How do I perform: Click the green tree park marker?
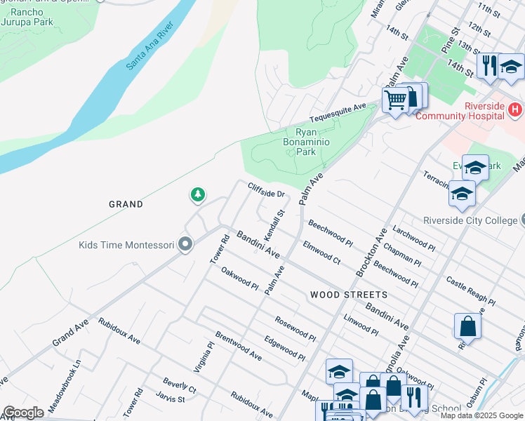198,194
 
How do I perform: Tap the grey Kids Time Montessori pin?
185,244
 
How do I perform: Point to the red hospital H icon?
516,109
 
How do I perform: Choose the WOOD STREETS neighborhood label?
348,295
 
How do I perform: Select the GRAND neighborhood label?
126,204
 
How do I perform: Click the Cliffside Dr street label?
266,189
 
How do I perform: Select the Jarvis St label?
173,399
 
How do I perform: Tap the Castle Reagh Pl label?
470,291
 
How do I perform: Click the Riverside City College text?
470,220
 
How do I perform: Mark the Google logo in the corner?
23,412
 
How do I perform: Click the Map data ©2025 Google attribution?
481,415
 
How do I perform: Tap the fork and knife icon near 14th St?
487,65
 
